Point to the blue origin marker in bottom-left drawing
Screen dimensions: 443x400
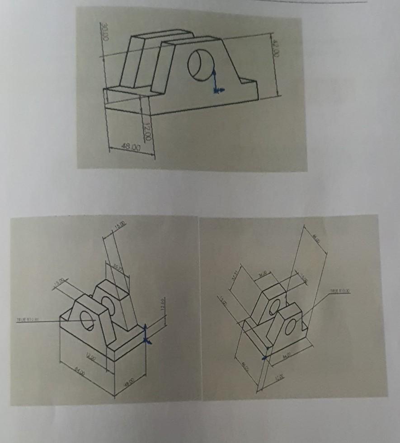pyautogui.click(x=146, y=336)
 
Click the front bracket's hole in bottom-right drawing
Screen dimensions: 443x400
pyautogui.click(x=289, y=326)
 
